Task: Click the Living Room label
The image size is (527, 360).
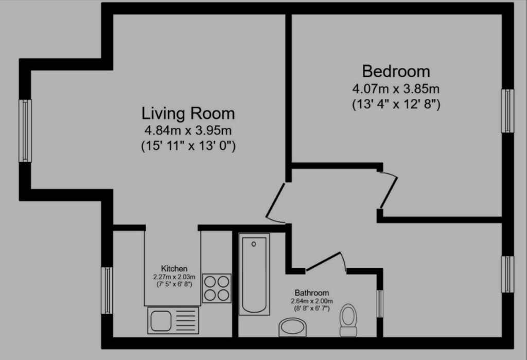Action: (x=188, y=113)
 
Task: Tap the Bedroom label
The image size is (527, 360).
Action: (x=396, y=71)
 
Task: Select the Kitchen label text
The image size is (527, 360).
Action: (x=174, y=268)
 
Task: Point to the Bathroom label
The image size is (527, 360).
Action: (x=311, y=293)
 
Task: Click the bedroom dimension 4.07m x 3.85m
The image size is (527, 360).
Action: (x=396, y=89)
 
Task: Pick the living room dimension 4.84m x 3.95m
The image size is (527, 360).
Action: (x=188, y=130)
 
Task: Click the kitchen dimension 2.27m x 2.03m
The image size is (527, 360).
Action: (x=174, y=277)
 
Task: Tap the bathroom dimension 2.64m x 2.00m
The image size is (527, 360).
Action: (x=311, y=301)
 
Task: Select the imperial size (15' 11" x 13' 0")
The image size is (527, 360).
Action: (x=188, y=146)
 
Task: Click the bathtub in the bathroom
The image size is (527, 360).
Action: (x=254, y=274)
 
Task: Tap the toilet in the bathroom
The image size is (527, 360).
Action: (x=348, y=320)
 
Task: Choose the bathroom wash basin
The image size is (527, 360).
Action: (x=292, y=327)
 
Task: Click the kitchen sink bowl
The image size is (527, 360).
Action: (x=161, y=321)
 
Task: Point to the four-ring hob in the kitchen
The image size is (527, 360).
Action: (x=217, y=288)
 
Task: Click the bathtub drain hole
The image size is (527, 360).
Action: (x=254, y=244)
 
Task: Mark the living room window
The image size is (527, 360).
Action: (x=25, y=130)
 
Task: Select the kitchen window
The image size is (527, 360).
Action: (x=107, y=290)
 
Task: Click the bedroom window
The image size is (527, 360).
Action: (x=507, y=111)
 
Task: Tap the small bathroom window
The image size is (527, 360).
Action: (x=379, y=304)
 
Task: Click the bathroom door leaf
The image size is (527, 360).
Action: (x=323, y=262)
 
